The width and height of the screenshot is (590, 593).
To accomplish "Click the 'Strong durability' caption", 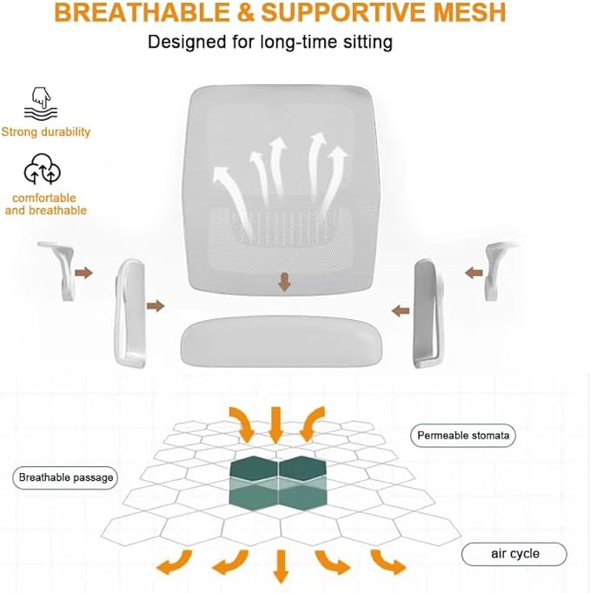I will (46, 132).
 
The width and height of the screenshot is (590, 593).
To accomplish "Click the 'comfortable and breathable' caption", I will (46, 204).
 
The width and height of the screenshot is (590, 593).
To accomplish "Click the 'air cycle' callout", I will (514, 554).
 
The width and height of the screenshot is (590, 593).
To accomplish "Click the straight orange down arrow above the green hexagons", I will (277, 424).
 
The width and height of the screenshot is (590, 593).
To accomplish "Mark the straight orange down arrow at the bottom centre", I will (280, 566).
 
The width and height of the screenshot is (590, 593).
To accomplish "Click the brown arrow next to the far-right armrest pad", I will (474, 272).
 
